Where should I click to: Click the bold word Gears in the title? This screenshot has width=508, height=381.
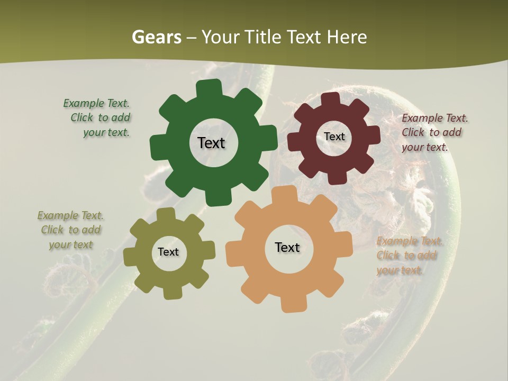click(x=156, y=37)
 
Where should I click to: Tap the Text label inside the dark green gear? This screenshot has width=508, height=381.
click(x=211, y=143)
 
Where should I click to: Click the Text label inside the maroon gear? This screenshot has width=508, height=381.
click(x=334, y=137)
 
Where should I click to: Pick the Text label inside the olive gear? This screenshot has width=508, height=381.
click(x=168, y=252)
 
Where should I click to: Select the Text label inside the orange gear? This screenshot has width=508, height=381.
click(x=287, y=247)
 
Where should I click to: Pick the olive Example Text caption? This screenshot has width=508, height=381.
click(x=70, y=230)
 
